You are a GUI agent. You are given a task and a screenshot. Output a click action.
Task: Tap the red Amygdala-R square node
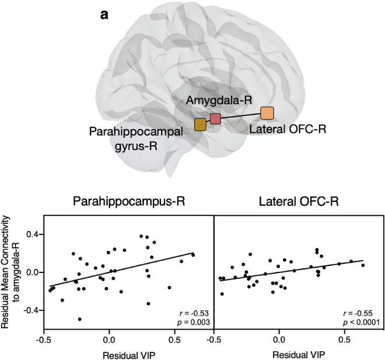215,119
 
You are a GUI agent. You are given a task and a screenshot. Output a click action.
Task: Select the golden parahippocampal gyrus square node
200,124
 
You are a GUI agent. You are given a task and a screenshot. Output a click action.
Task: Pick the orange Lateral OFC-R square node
267,113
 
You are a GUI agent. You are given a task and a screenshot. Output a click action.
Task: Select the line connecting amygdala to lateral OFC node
240,116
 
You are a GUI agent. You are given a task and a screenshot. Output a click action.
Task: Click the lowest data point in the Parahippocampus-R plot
79,319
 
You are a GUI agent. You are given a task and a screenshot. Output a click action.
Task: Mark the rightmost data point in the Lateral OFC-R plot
363,265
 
